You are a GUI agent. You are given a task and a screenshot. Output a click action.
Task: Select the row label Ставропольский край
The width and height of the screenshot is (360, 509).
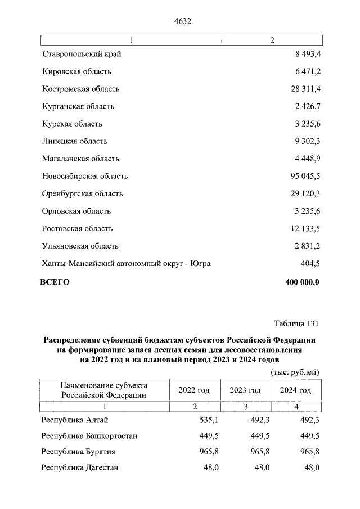[82, 54]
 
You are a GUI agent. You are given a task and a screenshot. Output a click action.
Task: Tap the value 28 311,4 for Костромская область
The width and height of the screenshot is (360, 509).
[303, 89]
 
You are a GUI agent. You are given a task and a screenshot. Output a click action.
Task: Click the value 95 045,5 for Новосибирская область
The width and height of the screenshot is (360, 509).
[303, 176]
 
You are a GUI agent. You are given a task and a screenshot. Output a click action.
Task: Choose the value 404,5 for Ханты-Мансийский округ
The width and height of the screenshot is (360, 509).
[309, 263]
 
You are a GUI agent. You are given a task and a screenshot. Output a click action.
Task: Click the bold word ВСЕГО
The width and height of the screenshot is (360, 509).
[55, 282]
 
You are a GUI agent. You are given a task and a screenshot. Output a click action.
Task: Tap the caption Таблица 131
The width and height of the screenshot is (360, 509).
[296, 323]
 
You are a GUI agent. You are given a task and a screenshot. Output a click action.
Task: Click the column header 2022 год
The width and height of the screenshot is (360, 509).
[194, 390]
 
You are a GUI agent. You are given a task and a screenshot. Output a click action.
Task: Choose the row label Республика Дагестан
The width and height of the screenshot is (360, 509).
[80, 467]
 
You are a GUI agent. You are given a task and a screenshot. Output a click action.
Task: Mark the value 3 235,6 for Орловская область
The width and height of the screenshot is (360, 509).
[305, 211]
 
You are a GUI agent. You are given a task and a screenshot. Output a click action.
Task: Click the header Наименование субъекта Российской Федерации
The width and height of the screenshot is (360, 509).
[104, 390]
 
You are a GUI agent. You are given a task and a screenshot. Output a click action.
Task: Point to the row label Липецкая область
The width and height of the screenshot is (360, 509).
[75, 141]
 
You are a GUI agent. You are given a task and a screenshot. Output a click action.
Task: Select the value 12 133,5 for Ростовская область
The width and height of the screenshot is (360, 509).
[303, 228]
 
